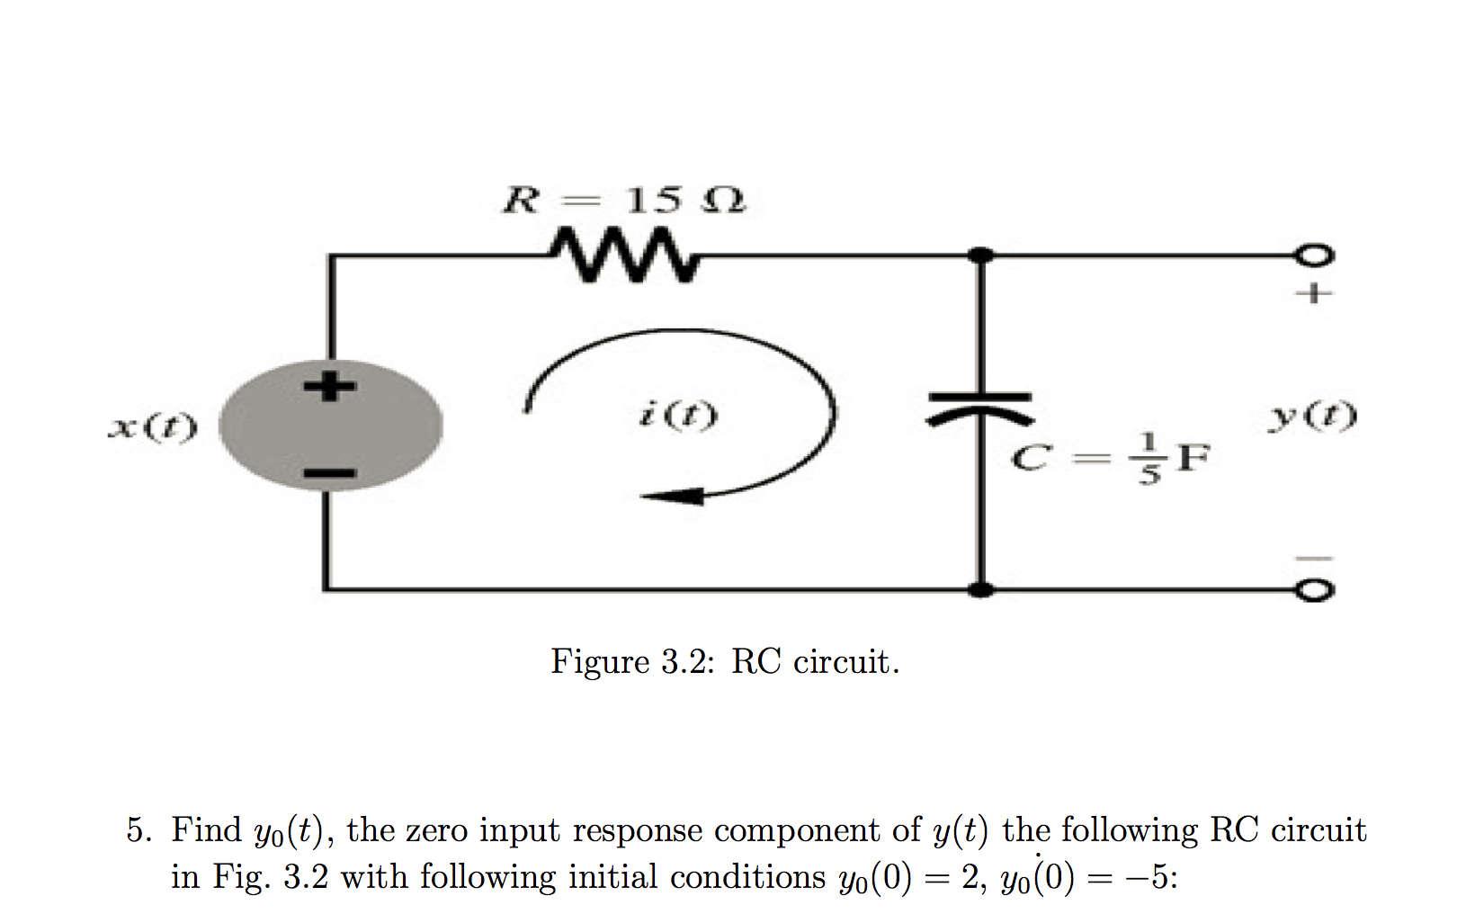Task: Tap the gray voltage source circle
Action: coord(331,426)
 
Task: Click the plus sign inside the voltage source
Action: coord(329,387)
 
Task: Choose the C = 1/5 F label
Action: coord(1110,458)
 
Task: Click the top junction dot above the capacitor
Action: coord(981,255)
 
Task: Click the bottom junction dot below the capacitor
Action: coord(981,590)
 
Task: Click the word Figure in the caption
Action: coord(600,662)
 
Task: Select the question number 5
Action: coord(138,830)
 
